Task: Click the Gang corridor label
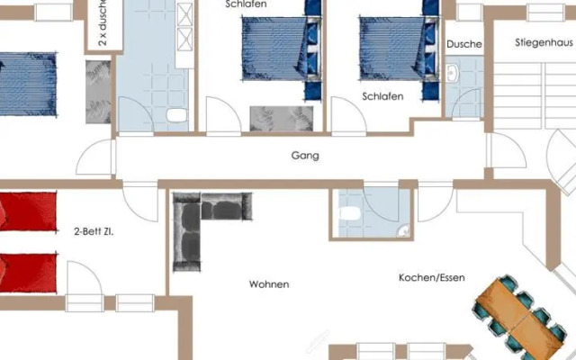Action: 305,156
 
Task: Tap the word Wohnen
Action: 269,284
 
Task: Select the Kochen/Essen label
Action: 431,278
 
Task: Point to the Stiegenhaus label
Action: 544,42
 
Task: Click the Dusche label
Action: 463,44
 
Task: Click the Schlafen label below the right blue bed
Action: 382,95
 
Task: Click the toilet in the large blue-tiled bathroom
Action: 175,114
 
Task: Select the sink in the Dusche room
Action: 454,71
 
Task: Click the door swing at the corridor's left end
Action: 94,158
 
